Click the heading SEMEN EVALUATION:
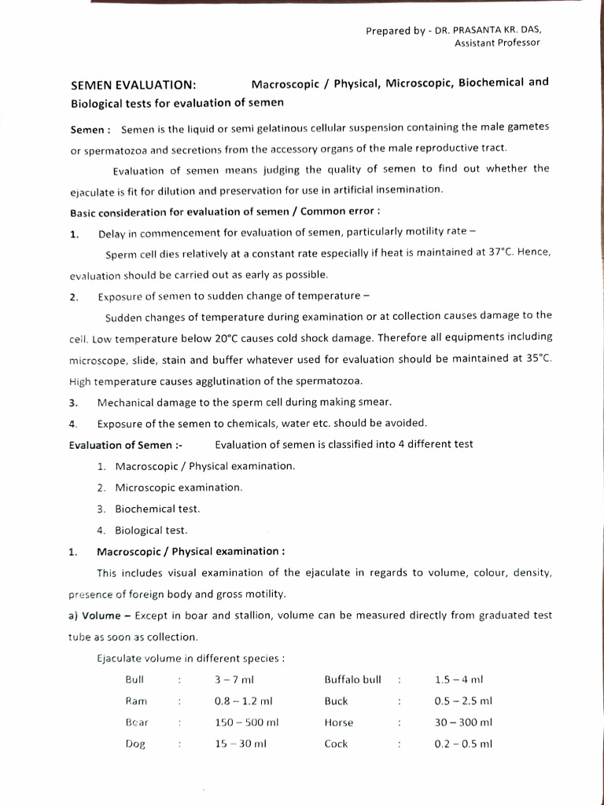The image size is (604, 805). point(134,85)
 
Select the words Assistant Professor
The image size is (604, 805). point(497,42)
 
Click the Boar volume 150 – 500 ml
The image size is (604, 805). point(247,722)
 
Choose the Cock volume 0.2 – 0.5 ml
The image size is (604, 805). point(463,744)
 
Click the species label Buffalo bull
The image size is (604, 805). point(352,679)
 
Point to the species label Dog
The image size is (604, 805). point(136,744)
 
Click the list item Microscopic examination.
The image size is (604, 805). point(179,487)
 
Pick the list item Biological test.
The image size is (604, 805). point(151,530)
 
